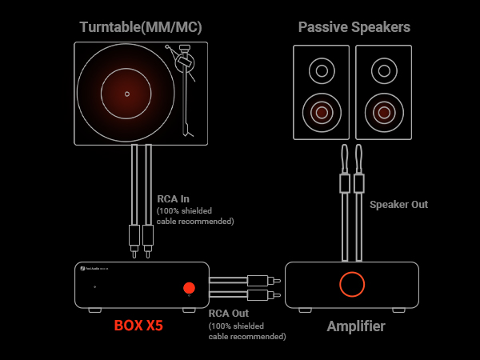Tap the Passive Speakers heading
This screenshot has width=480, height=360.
[x=354, y=27]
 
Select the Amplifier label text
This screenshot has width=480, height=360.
[x=356, y=326]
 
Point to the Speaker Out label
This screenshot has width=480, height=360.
[x=398, y=205]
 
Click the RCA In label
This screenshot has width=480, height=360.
[x=174, y=199]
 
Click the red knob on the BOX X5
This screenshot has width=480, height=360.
[x=189, y=288]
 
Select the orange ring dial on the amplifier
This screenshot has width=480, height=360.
[x=352, y=284]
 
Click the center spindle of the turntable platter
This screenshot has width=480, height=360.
[x=127, y=94]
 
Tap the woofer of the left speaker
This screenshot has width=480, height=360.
[x=322, y=112]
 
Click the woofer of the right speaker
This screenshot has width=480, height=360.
[x=383, y=112]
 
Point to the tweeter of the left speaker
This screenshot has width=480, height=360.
[x=322, y=71]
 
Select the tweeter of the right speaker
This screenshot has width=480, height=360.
[x=383, y=71]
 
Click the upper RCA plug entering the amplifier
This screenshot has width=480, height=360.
[x=260, y=281]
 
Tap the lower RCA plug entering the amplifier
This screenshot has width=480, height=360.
[x=260, y=295]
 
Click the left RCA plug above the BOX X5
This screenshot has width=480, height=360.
[x=134, y=236]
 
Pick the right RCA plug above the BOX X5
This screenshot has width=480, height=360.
[x=148, y=236]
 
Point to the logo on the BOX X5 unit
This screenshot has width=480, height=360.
[x=82, y=270]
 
